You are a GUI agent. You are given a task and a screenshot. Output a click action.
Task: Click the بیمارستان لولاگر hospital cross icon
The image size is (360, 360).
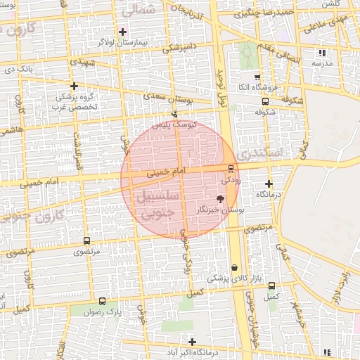[x=122, y=32]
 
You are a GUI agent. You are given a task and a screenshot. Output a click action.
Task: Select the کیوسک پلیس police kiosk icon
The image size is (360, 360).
[x=174, y=114]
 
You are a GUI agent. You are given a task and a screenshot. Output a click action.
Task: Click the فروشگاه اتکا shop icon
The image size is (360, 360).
[x=257, y=77]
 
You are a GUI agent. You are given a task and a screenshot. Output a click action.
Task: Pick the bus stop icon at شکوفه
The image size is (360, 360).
[x=264, y=101]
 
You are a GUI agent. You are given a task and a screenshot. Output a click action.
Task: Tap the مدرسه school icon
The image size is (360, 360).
[x=322, y=53]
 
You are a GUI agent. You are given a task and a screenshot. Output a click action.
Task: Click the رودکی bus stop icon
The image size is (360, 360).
[x=231, y=167]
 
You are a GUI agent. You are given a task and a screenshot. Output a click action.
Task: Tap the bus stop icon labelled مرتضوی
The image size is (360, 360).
[x=87, y=240]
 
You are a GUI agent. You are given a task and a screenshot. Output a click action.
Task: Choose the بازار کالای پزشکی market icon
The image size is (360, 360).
[x=234, y=268]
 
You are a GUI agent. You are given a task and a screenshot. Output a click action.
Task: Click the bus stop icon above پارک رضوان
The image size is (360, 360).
[x=103, y=301]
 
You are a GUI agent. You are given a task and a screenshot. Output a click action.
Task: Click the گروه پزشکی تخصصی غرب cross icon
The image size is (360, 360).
[x=74, y=86]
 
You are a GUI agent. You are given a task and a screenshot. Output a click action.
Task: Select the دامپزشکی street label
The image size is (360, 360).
[x=181, y=48]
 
